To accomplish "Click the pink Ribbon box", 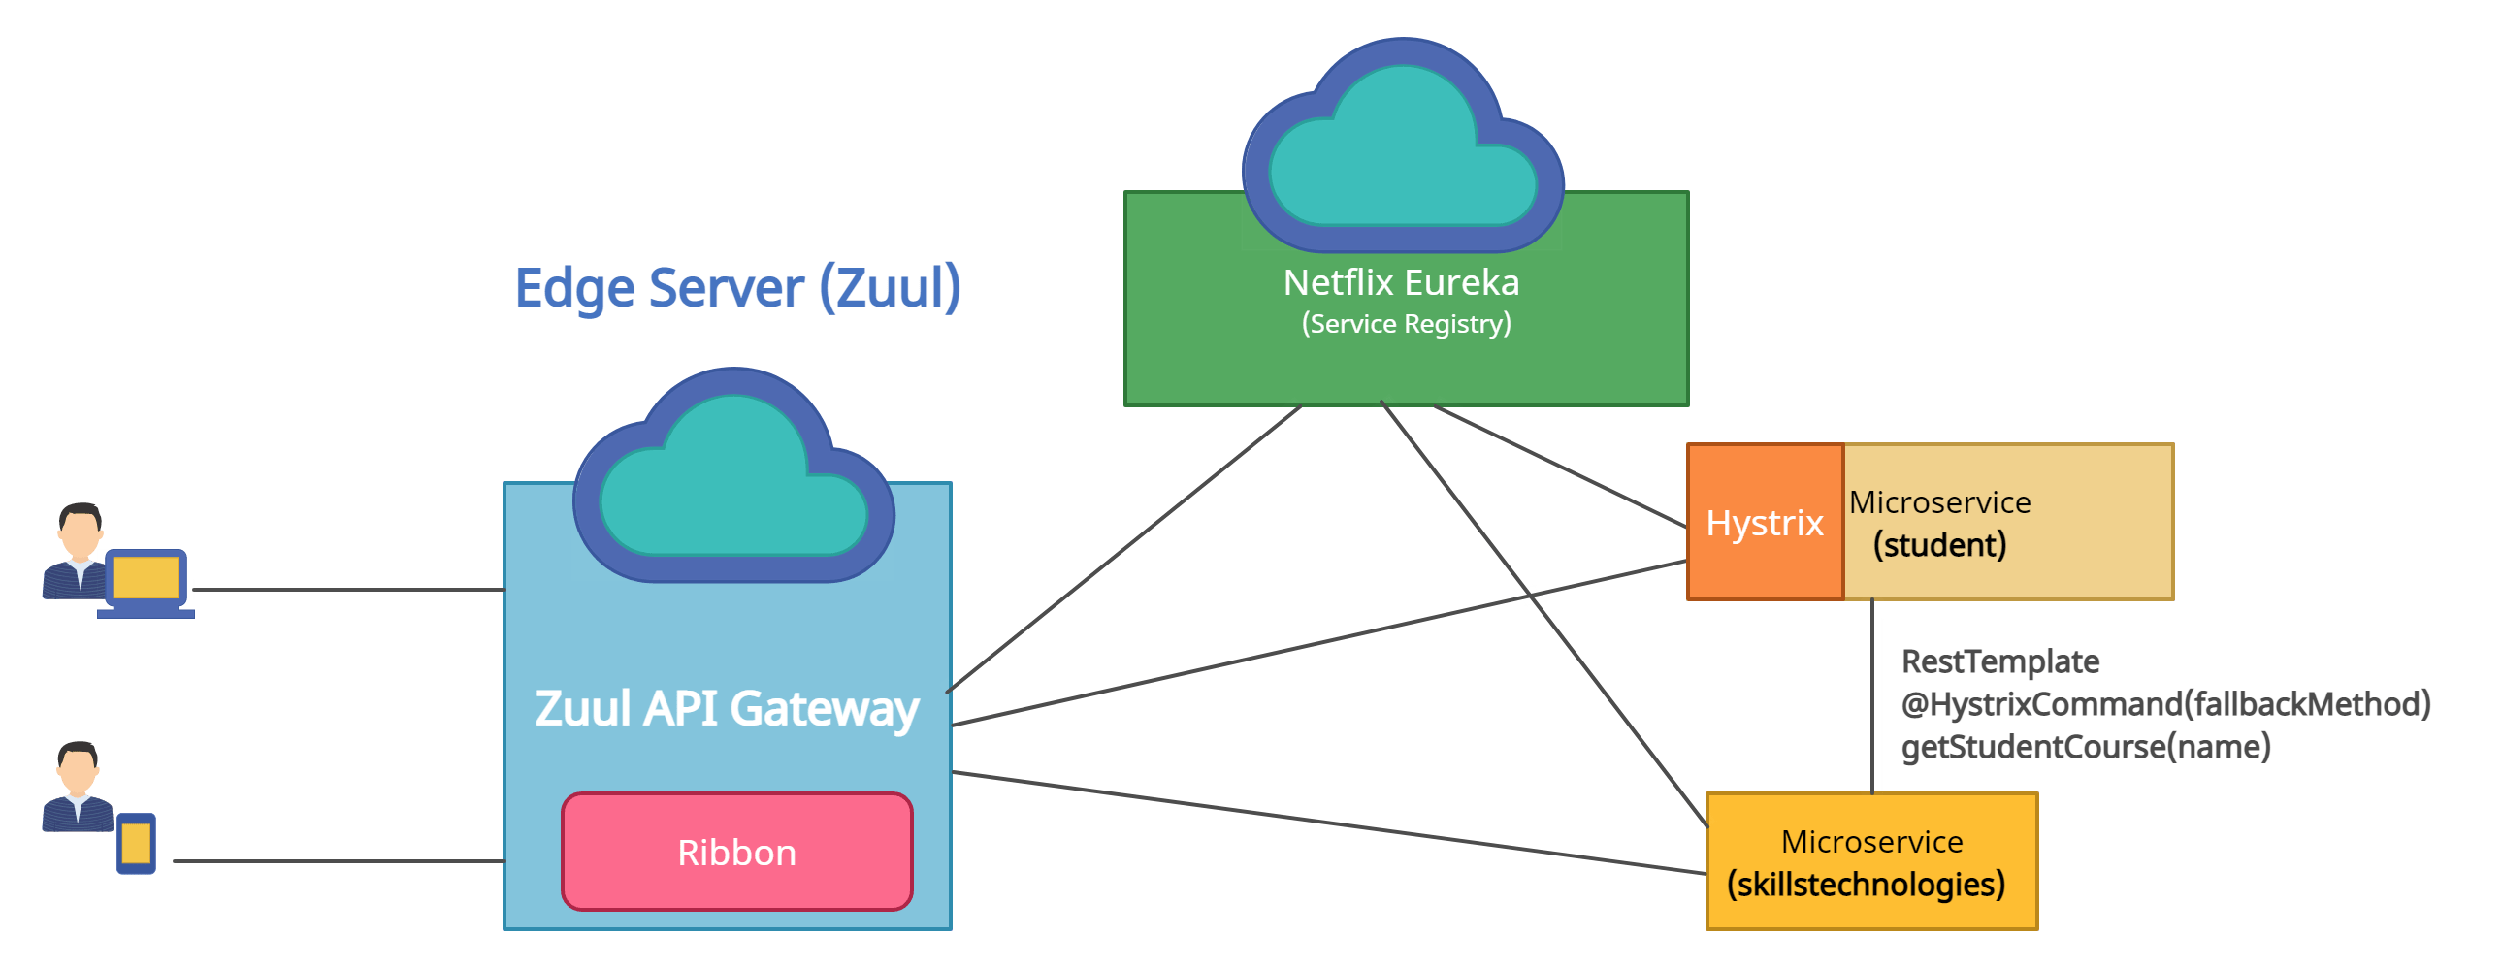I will (736, 852).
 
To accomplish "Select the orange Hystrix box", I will (1765, 523).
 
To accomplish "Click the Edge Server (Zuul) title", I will (737, 287).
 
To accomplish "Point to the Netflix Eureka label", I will (1401, 282).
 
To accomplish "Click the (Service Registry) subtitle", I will (1406, 323).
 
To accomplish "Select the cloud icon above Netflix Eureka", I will (1403, 145).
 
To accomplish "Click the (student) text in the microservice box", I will (1938, 545).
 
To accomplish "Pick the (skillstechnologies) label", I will (1866, 885).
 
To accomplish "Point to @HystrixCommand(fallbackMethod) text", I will (2165, 704).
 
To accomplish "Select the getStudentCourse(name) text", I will (2086, 747).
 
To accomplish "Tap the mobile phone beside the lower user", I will (136, 843).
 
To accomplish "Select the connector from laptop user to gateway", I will (349, 589).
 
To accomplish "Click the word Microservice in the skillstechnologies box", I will (1870, 842).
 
